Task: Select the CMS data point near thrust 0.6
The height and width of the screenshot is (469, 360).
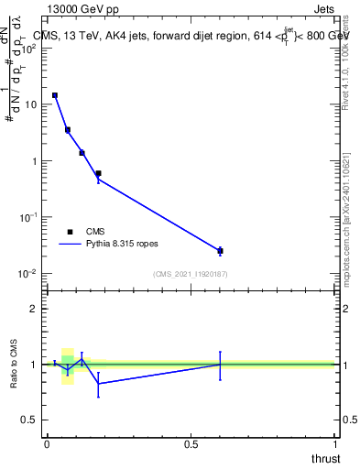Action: point(220,250)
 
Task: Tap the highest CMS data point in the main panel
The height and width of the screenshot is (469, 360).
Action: point(55,95)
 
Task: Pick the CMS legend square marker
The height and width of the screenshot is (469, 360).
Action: point(71,232)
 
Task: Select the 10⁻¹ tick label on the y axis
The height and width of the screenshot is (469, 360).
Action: point(28,217)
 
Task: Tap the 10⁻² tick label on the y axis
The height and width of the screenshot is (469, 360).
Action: point(28,274)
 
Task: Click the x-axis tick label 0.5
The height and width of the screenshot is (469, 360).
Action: point(191,443)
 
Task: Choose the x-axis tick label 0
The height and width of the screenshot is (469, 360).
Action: point(47,443)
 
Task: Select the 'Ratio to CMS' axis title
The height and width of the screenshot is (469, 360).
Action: point(14,364)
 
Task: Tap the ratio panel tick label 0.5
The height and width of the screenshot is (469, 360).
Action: point(30,420)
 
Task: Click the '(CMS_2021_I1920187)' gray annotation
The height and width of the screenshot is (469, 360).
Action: point(190,274)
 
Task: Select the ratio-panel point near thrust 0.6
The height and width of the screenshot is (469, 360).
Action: point(220,365)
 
